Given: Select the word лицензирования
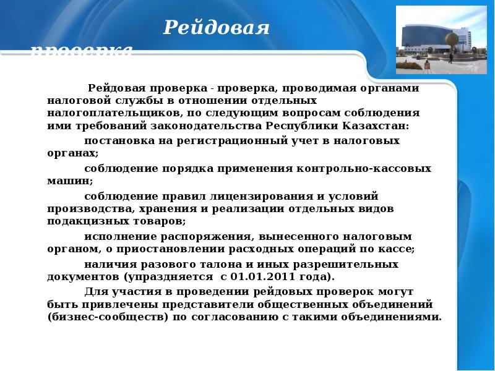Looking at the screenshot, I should pyautogui.click(x=262, y=196).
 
